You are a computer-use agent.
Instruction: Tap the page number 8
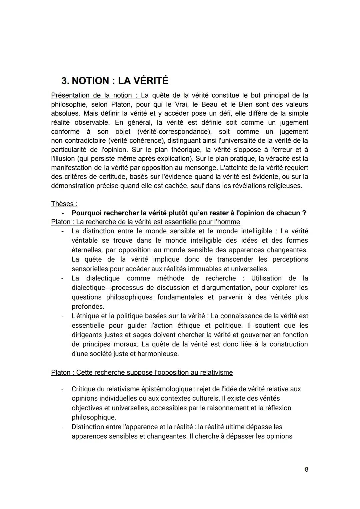point(306,469)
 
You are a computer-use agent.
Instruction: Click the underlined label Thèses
point(64,204)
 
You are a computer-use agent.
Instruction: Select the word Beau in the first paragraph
point(210,104)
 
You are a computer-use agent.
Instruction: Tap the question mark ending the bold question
point(304,213)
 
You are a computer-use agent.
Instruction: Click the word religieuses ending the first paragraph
point(285,186)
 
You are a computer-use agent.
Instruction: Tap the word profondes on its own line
point(88,306)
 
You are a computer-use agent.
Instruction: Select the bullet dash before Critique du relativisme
point(62,389)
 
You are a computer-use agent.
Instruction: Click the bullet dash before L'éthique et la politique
point(62,316)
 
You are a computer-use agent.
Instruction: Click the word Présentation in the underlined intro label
point(70,95)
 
